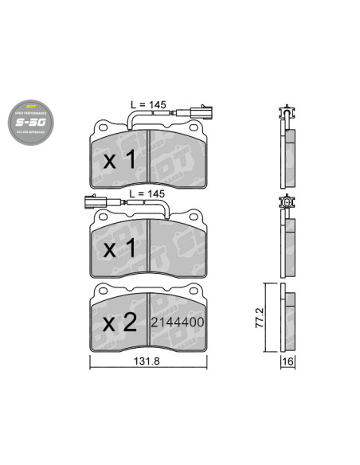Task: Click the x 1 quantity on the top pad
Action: [x=120, y=159]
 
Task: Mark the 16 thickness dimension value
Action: [x=288, y=361]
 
